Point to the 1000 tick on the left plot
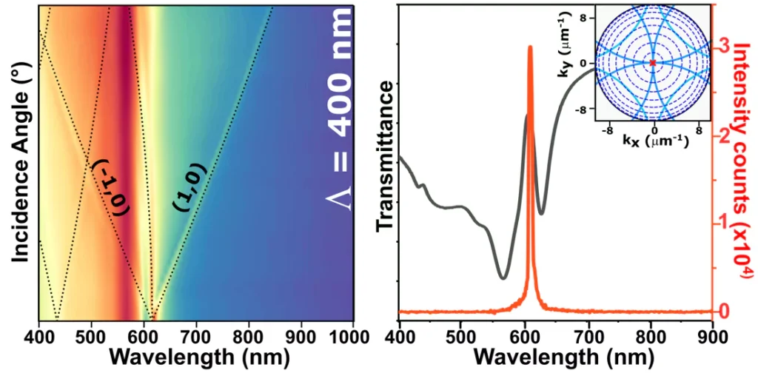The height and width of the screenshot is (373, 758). coord(350,332)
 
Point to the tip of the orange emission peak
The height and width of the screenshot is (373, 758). coord(529,47)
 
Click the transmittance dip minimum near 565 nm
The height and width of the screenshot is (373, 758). coord(503,278)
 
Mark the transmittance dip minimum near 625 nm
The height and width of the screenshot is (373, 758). coord(541,213)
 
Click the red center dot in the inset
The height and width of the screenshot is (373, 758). coord(653,63)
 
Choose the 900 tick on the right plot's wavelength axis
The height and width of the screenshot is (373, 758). coord(712,332)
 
